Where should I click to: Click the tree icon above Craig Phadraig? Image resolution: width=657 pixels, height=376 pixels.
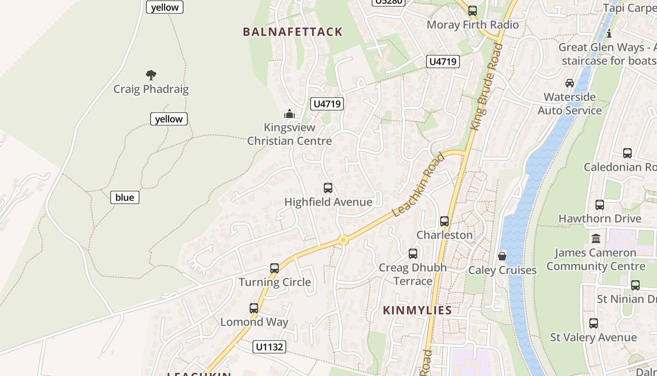tap(151, 75)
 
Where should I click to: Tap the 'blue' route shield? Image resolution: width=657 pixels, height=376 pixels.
tap(124, 197)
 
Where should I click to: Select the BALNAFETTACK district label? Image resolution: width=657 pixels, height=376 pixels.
tap(292, 32)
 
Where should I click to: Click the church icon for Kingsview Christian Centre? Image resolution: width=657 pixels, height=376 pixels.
tap(290, 114)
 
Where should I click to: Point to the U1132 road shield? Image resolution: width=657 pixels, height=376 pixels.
tap(269, 347)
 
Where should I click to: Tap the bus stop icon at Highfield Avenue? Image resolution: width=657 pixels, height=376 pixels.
tap(328, 188)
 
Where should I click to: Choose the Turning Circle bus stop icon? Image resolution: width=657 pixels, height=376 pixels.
tap(275, 268)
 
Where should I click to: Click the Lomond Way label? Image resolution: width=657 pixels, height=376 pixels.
tap(254, 322)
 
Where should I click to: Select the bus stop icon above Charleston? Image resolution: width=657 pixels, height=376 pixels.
tap(444, 221)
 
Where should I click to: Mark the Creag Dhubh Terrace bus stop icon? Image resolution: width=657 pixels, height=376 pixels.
tap(413, 254)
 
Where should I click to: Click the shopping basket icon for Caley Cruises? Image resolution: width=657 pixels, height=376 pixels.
tap(502, 256)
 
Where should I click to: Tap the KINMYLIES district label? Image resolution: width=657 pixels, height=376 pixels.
tap(417, 310)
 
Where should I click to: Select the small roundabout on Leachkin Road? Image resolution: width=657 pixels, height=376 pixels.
tap(344, 240)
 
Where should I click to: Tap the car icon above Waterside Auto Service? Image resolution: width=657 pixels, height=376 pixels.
tap(570, 83)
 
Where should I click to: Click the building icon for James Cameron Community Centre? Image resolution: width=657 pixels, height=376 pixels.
tap(596, 239)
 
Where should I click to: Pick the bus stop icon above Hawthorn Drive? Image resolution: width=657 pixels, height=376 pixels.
tap(600, 205)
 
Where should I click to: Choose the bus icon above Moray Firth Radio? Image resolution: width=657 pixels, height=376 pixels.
tap(473, 11)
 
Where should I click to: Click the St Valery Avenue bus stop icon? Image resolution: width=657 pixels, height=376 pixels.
tap(594, 323)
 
